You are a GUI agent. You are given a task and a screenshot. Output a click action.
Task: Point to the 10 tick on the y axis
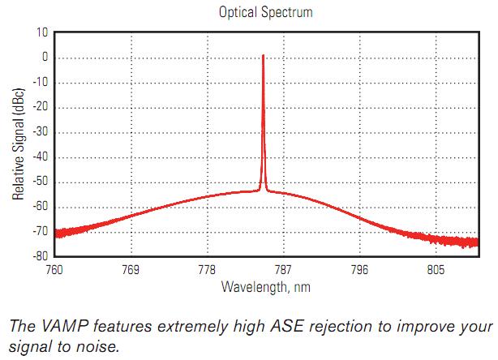(42, 32)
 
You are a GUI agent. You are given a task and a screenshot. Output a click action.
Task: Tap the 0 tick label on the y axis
(45, 58)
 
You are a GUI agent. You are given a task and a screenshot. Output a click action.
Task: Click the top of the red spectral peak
(263, 55)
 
